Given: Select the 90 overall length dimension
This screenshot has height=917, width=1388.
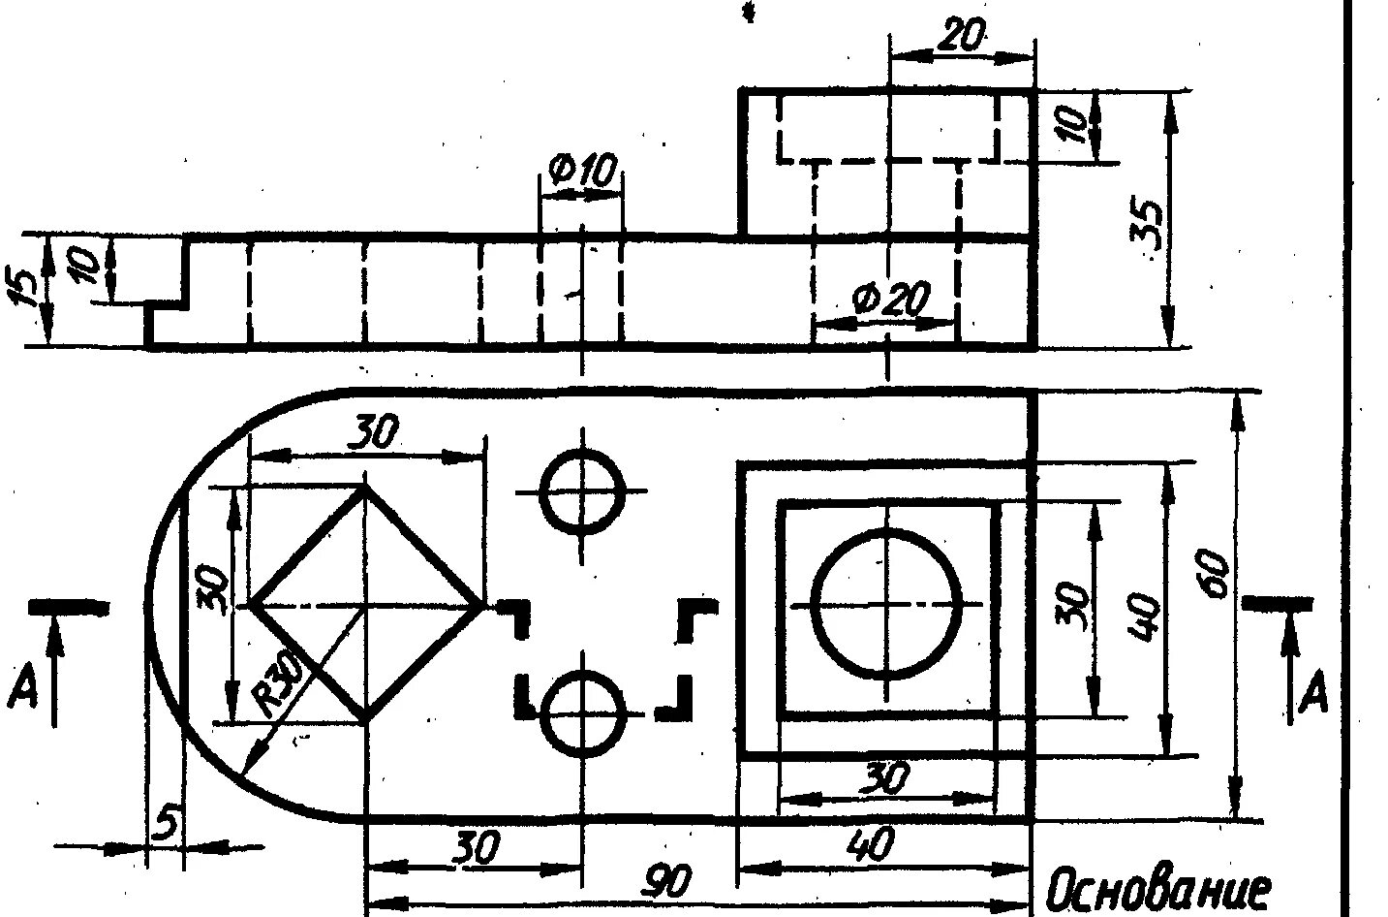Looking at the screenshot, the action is point(669,883).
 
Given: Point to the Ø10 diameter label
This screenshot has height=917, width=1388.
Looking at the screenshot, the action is point(581,173).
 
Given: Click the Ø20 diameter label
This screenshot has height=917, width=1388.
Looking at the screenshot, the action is point(889,299).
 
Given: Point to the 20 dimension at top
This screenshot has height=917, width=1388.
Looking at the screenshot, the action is point(961,36).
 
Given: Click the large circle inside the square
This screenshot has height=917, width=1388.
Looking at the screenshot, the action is point(886,604).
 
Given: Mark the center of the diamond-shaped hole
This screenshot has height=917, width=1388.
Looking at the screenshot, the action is point(365,605).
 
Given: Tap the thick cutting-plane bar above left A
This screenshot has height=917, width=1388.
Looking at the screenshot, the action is point(68,606).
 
